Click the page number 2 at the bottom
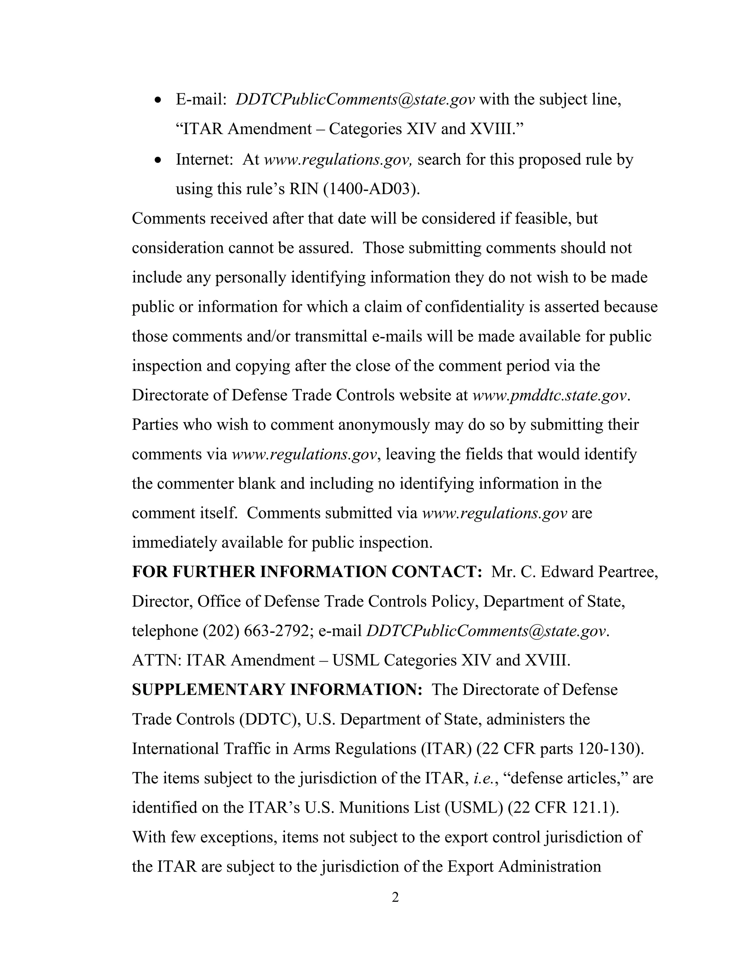tap(395, 897)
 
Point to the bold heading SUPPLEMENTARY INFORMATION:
tap(277, 690)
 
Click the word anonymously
tap(384, 425)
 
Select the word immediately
tap(174, 543)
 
